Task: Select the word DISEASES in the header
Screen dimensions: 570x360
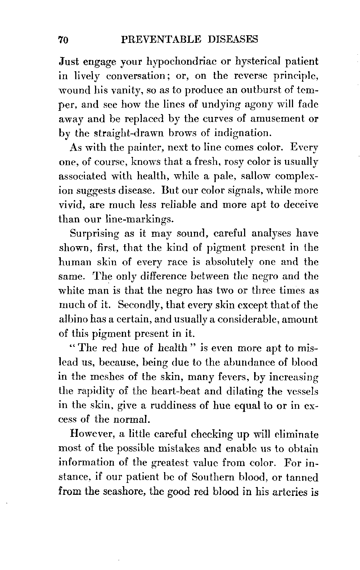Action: pos(233,39)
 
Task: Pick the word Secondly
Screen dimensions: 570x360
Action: pos(136,306)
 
